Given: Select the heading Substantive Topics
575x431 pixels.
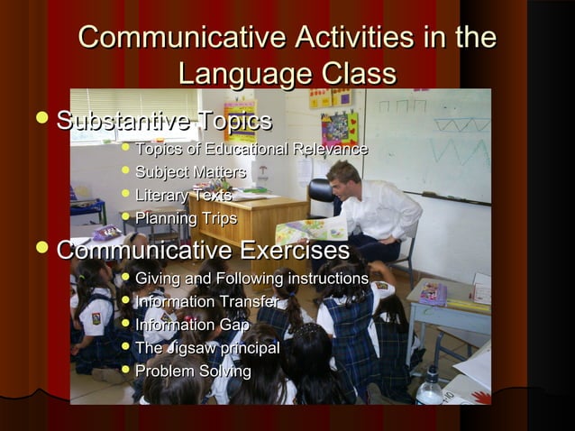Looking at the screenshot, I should tap(163, 121).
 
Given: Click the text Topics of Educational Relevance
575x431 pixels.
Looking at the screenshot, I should tap(251, 149).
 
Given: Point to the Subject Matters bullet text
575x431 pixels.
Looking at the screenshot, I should tap(190, 172).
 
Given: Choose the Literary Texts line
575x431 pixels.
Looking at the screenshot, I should tap(183, 196).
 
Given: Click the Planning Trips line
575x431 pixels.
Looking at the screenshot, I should tap(186, 219).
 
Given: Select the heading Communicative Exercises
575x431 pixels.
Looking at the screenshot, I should tap(203, 250).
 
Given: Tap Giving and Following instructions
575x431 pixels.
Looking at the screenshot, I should tap(251, 279).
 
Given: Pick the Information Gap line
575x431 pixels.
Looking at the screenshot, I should tap(192, 325).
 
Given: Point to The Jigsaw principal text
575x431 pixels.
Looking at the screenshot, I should tap(206, 348).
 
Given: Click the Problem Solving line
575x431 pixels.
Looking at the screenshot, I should tap(193, 371).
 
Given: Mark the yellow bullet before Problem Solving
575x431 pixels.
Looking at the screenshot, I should tap(124, 370).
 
